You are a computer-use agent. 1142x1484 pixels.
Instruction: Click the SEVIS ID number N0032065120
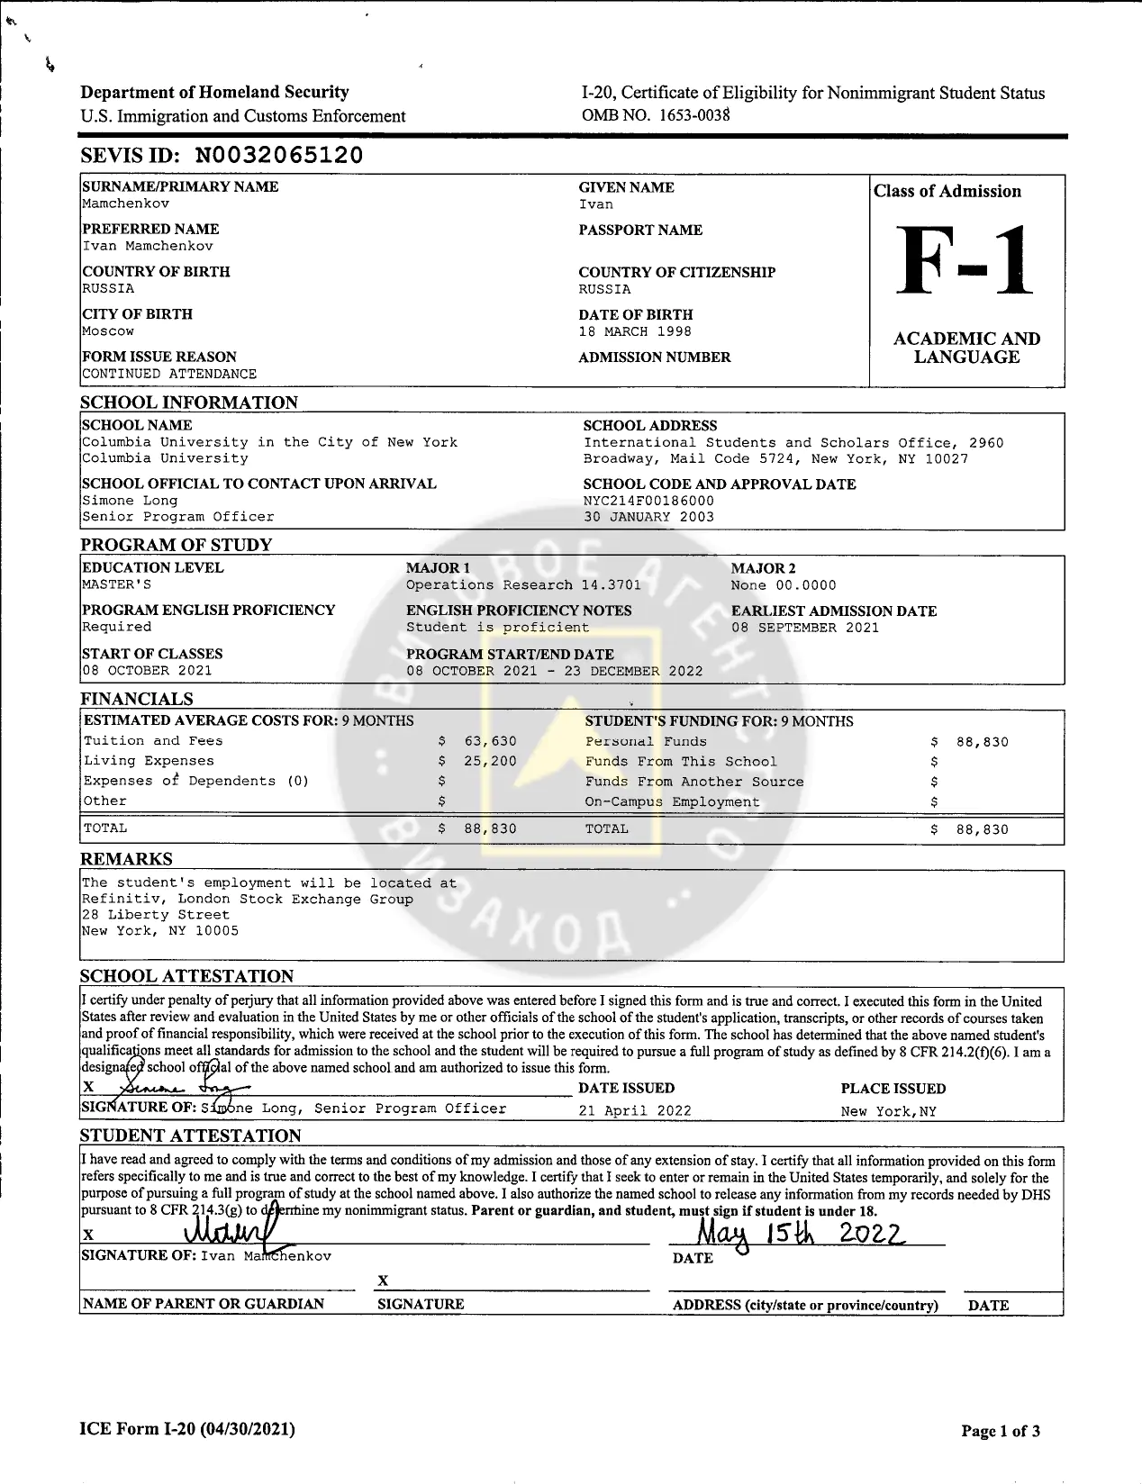279,155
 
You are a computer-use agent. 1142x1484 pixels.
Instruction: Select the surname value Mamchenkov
125,204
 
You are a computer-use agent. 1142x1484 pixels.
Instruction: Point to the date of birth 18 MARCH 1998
635,331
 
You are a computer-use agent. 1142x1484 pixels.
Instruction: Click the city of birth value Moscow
108,330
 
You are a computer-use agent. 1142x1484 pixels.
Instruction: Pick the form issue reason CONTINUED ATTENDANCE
169,374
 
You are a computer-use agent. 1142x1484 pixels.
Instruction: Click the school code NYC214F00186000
648,501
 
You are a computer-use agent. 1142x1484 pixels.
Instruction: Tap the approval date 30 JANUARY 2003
648,517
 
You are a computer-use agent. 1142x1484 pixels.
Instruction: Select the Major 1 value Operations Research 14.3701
523,584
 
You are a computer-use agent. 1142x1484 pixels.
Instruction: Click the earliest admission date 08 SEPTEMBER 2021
805,628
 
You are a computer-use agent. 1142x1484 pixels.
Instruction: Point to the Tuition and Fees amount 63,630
490,741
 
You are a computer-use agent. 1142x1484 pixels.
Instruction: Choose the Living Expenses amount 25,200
490,761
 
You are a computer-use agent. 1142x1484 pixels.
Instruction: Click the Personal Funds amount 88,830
982,742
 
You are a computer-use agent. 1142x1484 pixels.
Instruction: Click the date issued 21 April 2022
635,1110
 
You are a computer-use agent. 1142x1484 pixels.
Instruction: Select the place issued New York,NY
889,1111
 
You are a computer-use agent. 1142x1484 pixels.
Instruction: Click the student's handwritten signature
230,1228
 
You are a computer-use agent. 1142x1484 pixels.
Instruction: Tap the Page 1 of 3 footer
1001,1431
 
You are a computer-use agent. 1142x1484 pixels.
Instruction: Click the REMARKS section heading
126,859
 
